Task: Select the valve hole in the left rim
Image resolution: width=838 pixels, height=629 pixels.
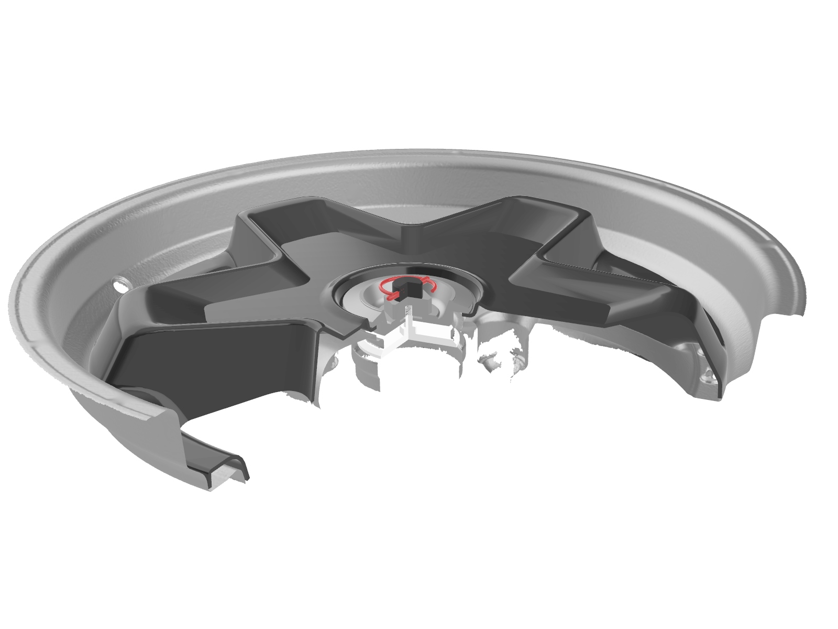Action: click(120, 285)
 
